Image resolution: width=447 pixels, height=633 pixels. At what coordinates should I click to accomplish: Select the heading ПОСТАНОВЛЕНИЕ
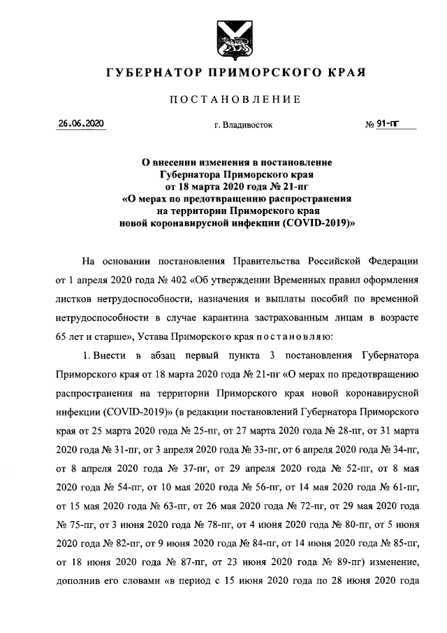[x=235, y=100]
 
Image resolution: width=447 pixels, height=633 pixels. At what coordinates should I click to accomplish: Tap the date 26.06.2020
[x=81, y=124]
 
